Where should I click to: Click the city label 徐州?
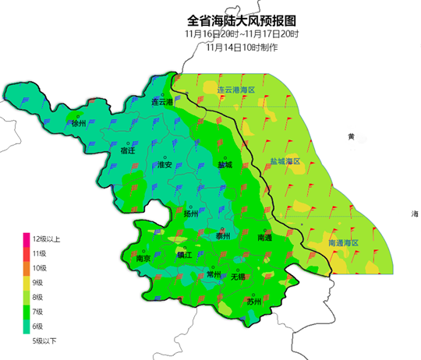point(78,124)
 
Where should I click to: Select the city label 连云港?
point(161,103)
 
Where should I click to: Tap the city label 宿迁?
point(128,151)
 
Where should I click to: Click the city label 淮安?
point(165,165)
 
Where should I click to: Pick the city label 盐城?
point(225,165)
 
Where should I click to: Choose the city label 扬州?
point(191,214)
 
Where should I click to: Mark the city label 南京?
point(143,258)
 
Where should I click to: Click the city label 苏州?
point(253,301)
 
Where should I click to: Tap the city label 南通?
point(265,238)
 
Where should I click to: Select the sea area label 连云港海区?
point(236,91)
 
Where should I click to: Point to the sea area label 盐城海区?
point(285,161)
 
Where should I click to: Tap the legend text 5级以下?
point(44,341)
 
